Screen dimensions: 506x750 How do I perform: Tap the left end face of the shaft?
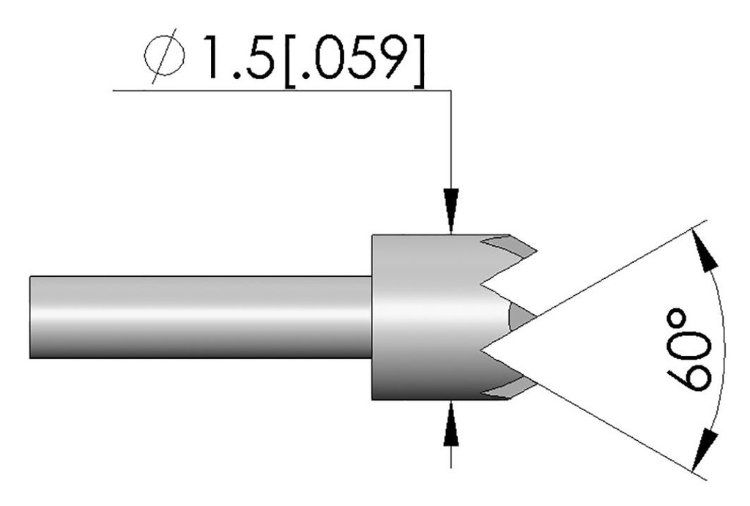click(31, 317)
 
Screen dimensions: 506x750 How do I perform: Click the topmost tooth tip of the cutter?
click(535, 251)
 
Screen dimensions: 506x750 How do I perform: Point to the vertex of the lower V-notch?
click(482, 350)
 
